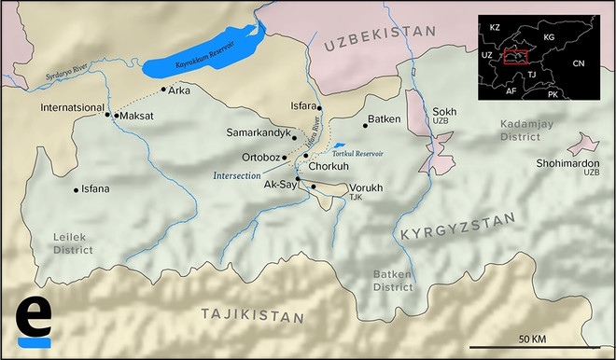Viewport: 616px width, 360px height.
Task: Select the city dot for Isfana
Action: click(x=76, y=189)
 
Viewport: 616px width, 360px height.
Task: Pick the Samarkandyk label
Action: click(x=259, y=133)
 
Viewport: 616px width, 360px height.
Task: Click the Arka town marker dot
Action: click(x=163, y=90)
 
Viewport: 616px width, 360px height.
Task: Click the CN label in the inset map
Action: click(x=579, y=62)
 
